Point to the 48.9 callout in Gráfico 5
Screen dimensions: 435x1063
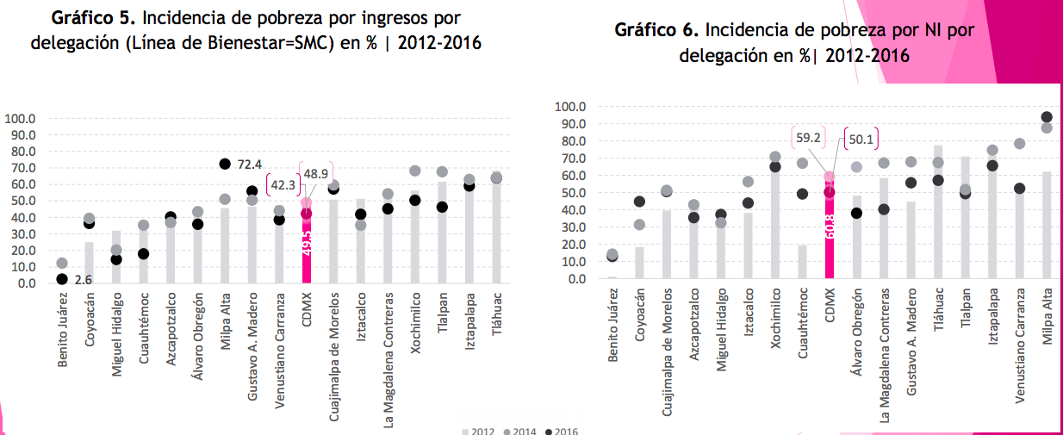[316, 172]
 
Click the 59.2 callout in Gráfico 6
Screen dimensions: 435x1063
[809, 137]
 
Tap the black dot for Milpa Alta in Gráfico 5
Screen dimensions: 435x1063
[225, 164]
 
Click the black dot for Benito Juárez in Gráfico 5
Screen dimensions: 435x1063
[62, 278]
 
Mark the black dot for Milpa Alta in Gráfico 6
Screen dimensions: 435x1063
[1047, 117]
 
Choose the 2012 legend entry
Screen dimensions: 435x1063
[478, 431]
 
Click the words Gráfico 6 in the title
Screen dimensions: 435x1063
[656, 30]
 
